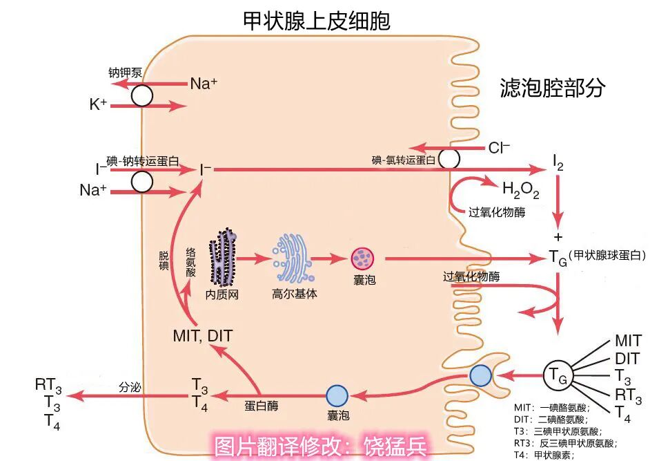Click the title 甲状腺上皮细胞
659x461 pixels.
(x=317, y=21)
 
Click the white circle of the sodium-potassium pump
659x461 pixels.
(x=142, y=95)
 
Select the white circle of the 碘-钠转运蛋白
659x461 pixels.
(x=142, y=181)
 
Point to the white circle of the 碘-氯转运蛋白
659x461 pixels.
(x=449, y=159)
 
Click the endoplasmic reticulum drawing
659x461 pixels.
(x=224, y=258)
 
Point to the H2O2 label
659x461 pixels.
(x=520, y=189)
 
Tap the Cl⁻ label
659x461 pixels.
(x=499, y=147)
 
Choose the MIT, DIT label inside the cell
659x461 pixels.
(x=203, y=336)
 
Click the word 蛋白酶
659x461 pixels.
(x=262, y=406)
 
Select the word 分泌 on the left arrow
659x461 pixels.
(x=130, y=388)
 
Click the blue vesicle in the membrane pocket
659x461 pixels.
(x=480, y=375)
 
